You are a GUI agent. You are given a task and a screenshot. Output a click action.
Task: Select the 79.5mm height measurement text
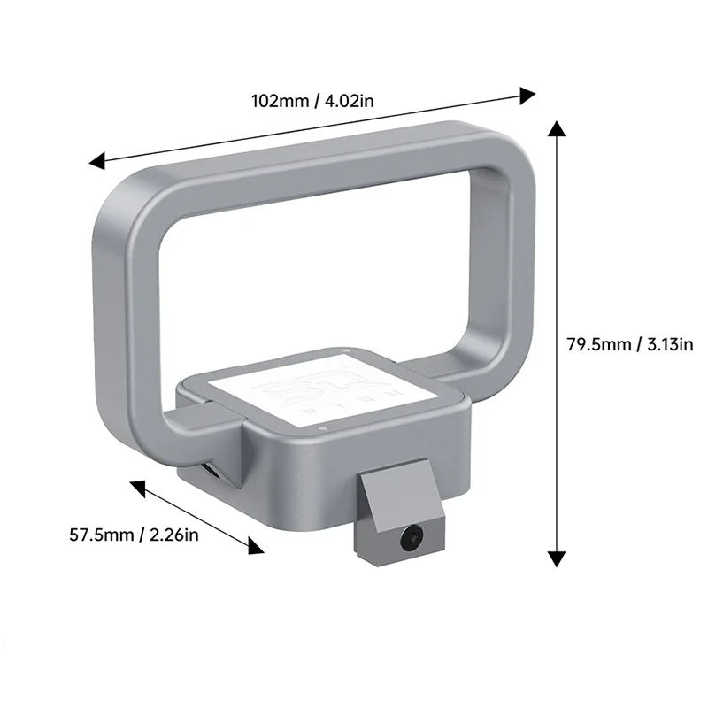598,344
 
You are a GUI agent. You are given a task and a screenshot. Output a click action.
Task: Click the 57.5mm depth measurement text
101,535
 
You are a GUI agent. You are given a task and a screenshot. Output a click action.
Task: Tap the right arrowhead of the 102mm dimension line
528,93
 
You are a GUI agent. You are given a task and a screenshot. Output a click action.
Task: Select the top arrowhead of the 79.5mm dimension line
556,130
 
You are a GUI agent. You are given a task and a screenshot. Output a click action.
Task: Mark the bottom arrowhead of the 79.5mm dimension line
556,558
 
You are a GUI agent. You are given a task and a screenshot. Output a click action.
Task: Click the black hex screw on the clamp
412,536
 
